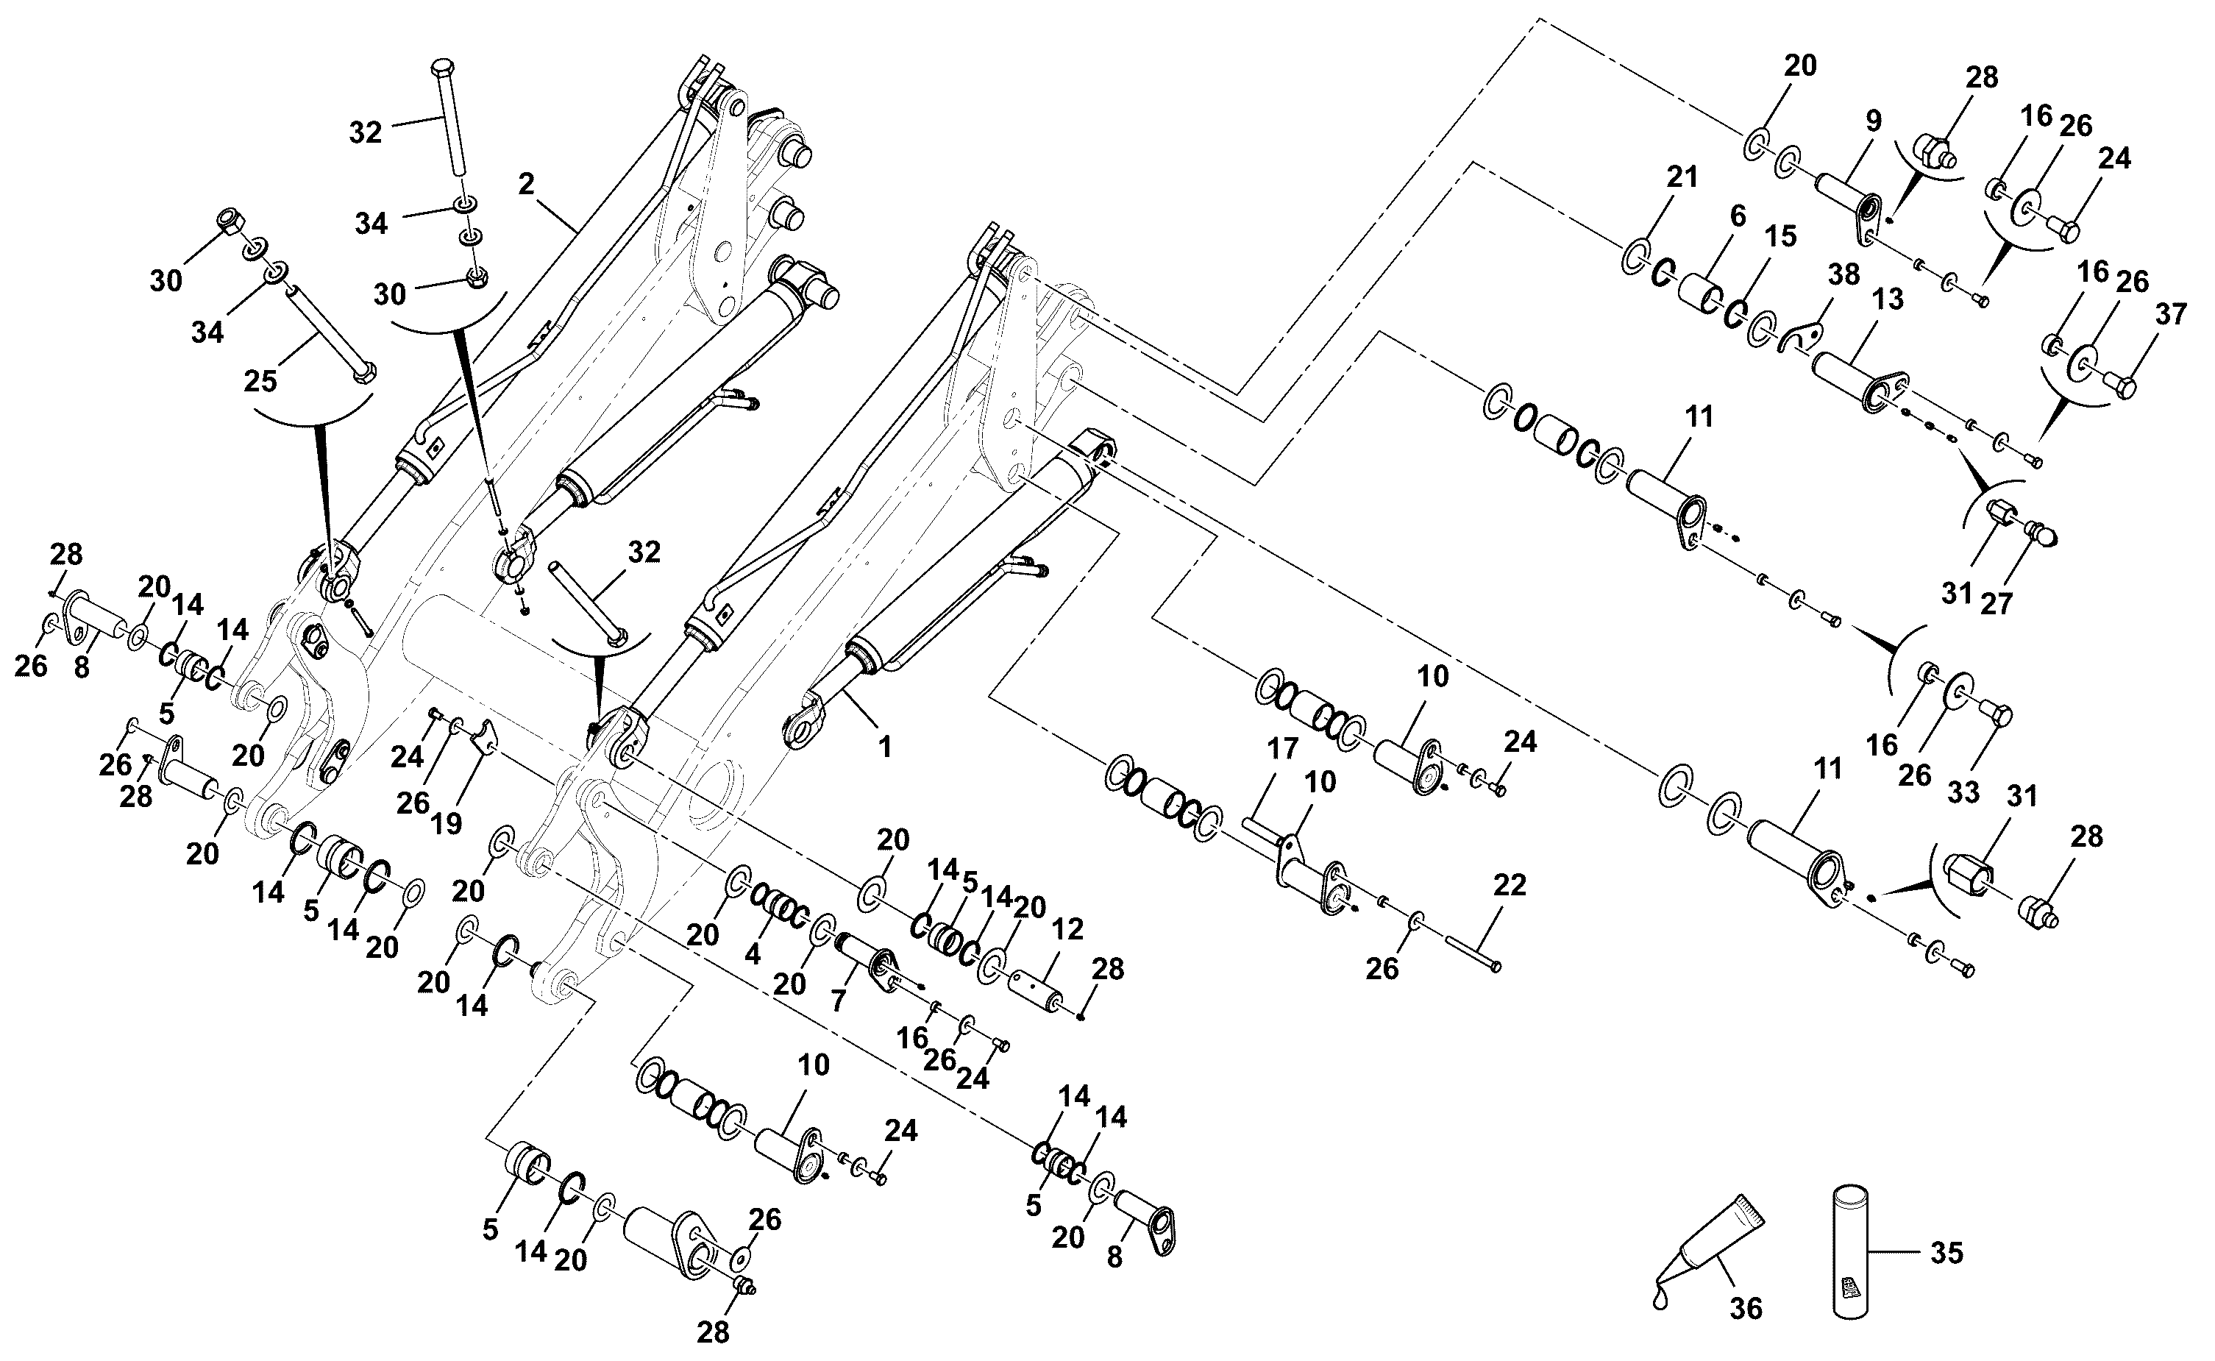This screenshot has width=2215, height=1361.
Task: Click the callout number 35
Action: (1946, 1252)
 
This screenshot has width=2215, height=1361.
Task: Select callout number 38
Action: (1844, 274)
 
